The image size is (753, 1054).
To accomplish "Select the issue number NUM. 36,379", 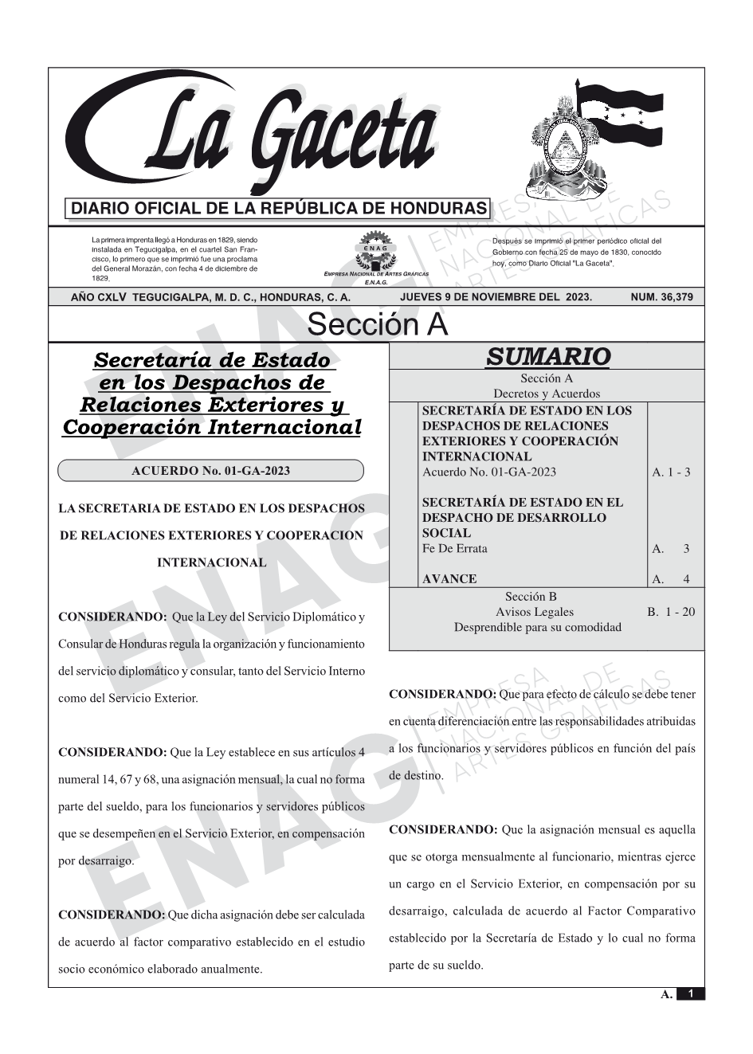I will pos(661,297).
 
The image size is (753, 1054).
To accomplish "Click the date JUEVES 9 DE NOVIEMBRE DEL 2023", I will pos(496,297).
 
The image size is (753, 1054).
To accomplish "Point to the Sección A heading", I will pos(377,325).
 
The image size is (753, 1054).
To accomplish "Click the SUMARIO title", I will pos(547,356).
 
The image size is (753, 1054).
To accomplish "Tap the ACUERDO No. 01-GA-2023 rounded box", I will pos(210,471).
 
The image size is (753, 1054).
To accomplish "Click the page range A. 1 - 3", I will pos(671,472).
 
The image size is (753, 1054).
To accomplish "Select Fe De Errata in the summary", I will pos(454,549).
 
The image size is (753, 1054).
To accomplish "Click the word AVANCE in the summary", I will pos(449,579).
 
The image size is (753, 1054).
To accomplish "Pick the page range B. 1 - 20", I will pos(671,612).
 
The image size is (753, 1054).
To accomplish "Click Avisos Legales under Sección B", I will pos(534,612).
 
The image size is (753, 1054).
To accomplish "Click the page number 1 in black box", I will pos(691,993).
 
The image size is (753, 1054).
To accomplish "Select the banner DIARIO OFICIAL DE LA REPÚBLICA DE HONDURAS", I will pos(279,209).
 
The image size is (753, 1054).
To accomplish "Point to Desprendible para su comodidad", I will pos(537,627).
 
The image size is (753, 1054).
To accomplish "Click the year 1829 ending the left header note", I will pos(100,279).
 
